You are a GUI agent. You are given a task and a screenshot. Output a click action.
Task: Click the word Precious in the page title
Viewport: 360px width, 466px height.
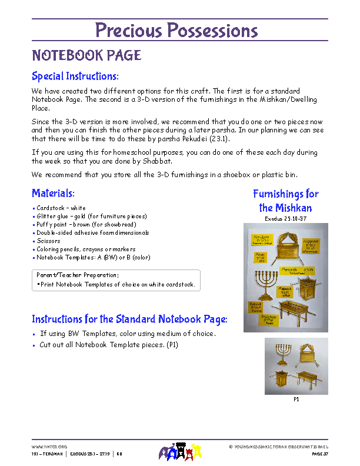tap(128, 31)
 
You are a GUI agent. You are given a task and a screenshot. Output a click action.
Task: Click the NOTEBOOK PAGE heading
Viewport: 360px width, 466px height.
tap(86, 56)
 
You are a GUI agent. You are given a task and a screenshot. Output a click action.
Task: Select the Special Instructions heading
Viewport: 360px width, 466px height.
tap(75, 76)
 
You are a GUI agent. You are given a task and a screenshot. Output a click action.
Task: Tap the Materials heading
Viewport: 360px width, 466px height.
tap(53, 193)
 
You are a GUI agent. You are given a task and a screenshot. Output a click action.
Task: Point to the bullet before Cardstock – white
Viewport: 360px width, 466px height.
tap(34, 208)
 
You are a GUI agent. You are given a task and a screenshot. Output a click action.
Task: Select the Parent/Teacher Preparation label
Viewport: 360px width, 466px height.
tap(78, 275)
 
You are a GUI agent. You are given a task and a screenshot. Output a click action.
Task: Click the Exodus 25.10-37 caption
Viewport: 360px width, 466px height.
tap(286, 218)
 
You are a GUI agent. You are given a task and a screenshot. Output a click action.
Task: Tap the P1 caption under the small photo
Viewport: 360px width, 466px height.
tap(296, 398)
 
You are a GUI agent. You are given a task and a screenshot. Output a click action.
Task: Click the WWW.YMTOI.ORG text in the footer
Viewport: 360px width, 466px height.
tap(49, 447)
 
